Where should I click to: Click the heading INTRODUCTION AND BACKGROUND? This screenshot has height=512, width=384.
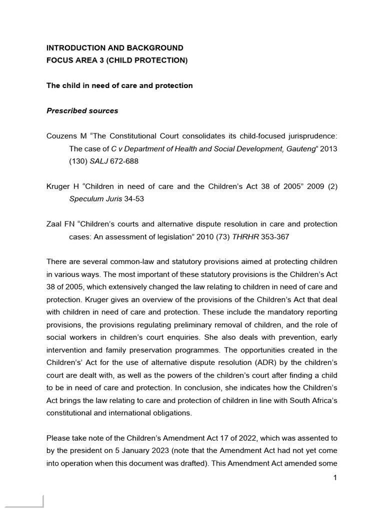[114, 48]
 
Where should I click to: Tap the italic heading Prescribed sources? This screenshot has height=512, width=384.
[82, 110]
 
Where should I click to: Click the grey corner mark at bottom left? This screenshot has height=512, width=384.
[42, 502]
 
